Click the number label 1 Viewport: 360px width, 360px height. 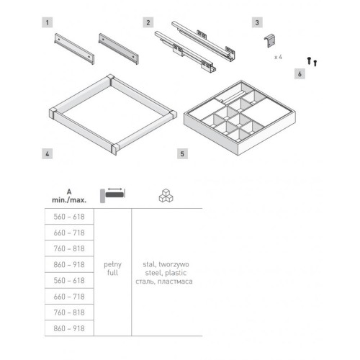[48, 22]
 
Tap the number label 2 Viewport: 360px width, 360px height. [148, 22]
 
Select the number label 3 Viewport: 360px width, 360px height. [257, 22]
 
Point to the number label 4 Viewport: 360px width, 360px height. [48, 154]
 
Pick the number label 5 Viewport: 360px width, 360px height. [182, 154]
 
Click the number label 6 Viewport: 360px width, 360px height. [300, 74]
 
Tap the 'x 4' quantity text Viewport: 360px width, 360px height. [278, 57]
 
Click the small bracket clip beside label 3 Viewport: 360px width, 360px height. [270, 41]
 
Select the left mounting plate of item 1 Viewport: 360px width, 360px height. [74, 49]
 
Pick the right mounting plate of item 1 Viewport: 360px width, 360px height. [119, 49]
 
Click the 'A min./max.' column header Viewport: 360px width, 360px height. [69, 196]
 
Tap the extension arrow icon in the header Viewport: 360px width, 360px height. [113, 195]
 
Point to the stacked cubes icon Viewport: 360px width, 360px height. [166, 196]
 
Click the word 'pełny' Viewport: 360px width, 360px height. [112, 264]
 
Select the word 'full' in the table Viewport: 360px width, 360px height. [112, 273]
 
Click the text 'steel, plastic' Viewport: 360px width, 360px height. [166, 273]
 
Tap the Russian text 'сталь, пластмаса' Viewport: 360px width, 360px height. [164, 282]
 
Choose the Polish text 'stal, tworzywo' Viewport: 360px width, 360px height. [166, 264]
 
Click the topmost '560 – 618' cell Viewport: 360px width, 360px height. [69, 217]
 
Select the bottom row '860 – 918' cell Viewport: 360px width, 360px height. [69, 328]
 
